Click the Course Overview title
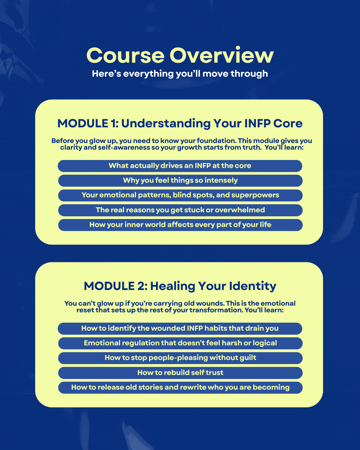click(x=180, y=55)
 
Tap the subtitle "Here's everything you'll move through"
click(x=180, y=74)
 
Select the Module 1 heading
click(x=180, y=123)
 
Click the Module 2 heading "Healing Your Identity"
click(x=180, y=286)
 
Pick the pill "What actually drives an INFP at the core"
click(x=180, y=166)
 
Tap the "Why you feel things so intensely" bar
click(x=180, y=180)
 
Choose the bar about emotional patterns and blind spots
click(x=180, y=195)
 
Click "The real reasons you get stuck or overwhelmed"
click(x=180, y=210)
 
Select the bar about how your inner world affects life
click(x=180, y=225)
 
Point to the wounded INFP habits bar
click(x=180, y=328)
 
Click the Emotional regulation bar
click(x=180, y=343)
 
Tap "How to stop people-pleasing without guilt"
click(x=180, y=358)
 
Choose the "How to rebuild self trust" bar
click(x=180, y=373)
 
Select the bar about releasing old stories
click(x=180, y=387)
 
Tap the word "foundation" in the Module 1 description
click(x=216, y=141)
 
